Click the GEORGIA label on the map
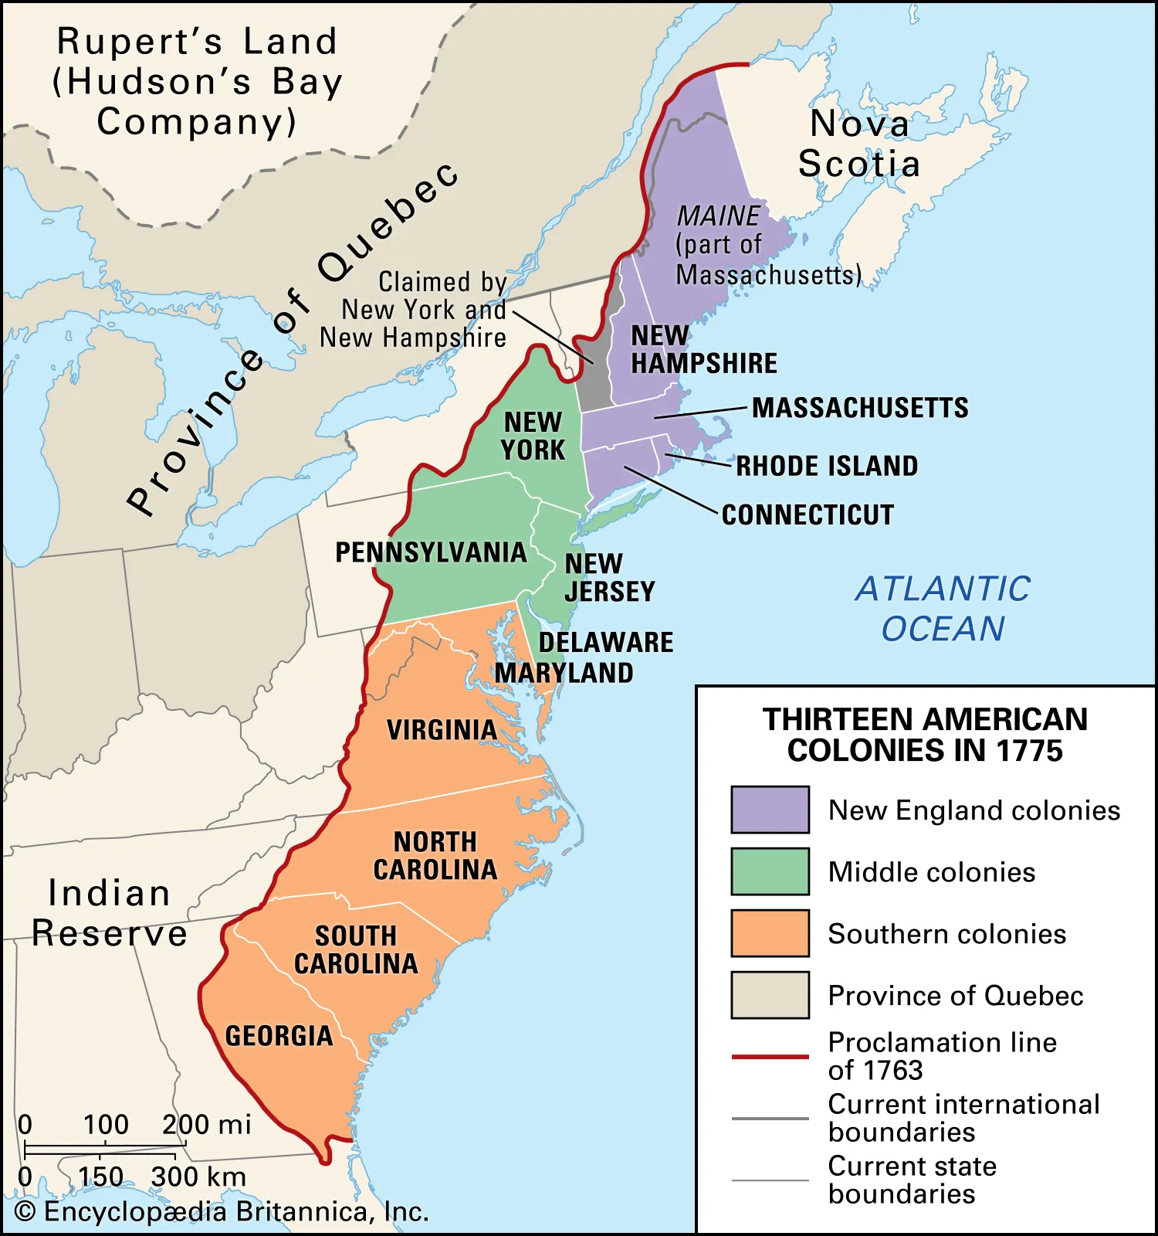[279, 1036]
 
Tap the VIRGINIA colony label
[442, 730]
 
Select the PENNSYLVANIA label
[431, 552]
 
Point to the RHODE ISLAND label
[827, 466]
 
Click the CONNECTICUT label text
[808, 514]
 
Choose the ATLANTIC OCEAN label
[943, 609]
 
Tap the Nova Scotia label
[858, 144]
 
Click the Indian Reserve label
[110, 913]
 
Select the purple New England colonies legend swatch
[770, 810]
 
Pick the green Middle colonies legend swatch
[770, 871]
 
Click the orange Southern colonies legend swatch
[770, 933]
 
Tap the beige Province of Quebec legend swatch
[770, 995]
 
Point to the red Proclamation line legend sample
[770, 1056]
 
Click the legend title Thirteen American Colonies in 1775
[925, 735]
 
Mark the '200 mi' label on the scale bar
[206, 1125]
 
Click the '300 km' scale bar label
[198, 1177]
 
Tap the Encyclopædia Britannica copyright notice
[222, 1211]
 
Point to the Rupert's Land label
[197, 81]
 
